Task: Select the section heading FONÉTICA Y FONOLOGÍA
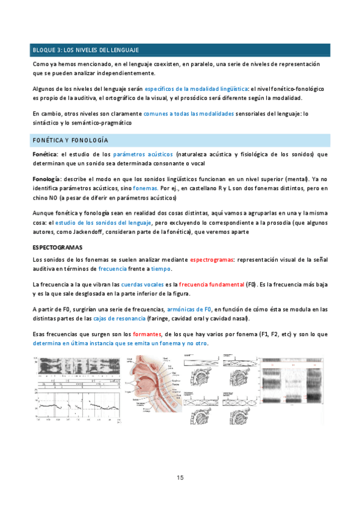click(70, 140)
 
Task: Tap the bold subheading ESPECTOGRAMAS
click(57, 247)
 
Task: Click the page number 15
click(180, 478)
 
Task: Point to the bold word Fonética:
click(45, 155)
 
